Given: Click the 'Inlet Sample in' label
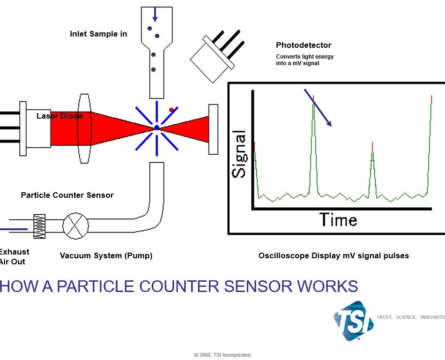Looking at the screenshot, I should click(x=98, y=34).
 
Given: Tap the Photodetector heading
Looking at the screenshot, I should click(x=304, y=45).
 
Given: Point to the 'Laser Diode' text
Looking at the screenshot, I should click(x=59, y=116).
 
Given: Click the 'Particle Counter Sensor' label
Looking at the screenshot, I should click(x=67, y=195).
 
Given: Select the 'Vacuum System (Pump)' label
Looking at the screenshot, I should click(x=106, y=256).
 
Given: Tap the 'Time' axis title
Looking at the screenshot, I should click(x=338, y=219).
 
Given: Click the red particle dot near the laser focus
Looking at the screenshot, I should click(x=171, y=110).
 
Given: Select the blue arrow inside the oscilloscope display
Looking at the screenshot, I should click(x=318, y=108).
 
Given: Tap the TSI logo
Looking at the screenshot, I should click(x=354, y=320).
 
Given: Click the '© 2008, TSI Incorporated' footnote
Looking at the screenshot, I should click(x=222, y=355).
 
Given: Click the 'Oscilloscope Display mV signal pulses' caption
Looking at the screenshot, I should click(x=334, y=256).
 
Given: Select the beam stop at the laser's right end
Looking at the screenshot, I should click(x=213, y=129).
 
